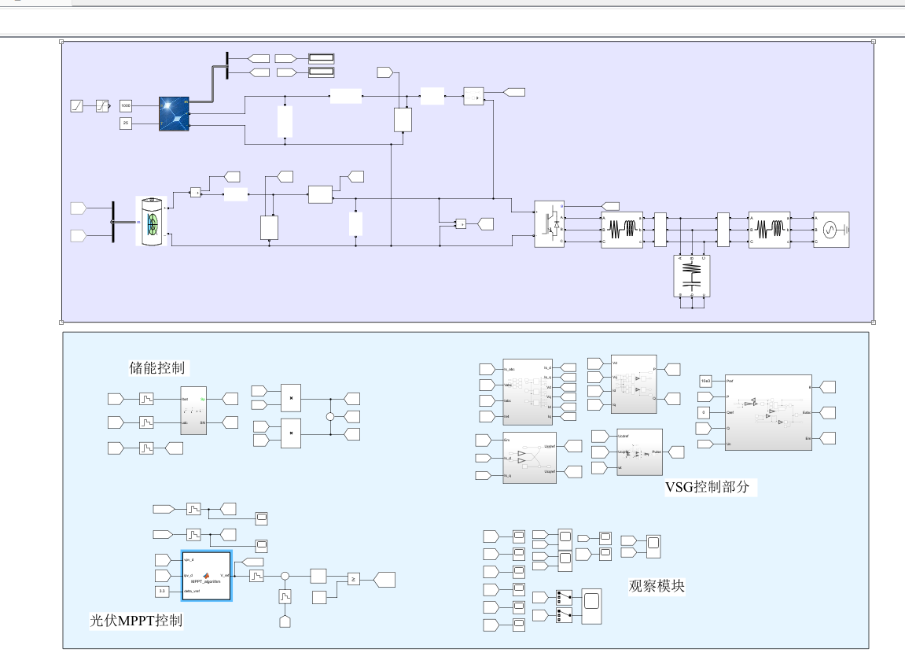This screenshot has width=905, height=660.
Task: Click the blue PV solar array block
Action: [174, 113]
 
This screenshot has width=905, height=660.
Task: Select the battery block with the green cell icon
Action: [152, 221]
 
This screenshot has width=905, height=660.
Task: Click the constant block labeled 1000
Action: [126, 105]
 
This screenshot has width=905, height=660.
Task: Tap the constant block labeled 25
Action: [126, 124]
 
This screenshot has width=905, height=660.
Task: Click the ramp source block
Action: [77, 105]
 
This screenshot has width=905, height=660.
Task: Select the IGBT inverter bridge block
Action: [550, 224]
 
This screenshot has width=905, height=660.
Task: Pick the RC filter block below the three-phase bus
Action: [691, 276]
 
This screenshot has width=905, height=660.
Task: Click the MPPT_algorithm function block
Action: [207, 576]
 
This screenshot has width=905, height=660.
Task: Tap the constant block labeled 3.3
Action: [162, 591]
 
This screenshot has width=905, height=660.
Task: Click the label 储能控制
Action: [160, 367]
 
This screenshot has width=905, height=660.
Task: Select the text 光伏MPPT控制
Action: [136, 620]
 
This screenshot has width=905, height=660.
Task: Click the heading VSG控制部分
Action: [708, 487]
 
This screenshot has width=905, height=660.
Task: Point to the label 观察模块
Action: [657, 586]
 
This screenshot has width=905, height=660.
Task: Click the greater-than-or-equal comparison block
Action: [354, 580]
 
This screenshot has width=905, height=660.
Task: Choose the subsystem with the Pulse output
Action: [639, 452]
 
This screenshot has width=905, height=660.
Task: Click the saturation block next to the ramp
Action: [103, 105]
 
